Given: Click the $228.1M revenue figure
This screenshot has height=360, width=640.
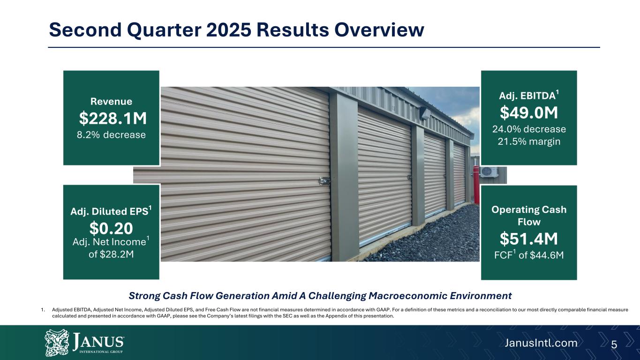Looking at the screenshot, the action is (x=113, y=118).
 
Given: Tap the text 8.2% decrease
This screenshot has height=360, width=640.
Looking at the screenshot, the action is (x=111, y=135).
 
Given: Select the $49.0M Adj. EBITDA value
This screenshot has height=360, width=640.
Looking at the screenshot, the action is (x=529, y=112).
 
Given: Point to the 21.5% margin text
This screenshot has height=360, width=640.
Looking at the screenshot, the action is (x=529, y=142).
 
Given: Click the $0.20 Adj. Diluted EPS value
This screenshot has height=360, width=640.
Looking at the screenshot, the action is (x=111, y=228).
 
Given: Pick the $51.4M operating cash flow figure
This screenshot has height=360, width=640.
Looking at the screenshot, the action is (x=529, y=239).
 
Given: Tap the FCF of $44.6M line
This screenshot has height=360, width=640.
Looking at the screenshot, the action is (x=529, y=255).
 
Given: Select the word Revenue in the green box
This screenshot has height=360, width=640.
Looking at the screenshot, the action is (x=111, y=101).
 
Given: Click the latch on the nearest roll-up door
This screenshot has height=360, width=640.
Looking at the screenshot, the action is (x=324, y=181).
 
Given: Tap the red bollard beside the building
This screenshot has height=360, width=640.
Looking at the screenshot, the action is (x=476, y=185).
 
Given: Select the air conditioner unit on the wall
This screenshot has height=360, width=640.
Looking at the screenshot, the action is (x=489, y=172).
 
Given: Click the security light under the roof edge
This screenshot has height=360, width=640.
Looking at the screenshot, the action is (x=425, y=113).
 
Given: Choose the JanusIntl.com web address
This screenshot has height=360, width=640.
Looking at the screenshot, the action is (x=541, y=343).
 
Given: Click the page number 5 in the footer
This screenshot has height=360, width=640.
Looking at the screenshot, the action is (x=614, y=345).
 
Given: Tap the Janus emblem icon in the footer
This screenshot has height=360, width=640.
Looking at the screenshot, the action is (x=57, y=343).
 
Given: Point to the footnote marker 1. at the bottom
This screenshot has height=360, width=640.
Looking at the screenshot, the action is (x=43, y=310).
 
